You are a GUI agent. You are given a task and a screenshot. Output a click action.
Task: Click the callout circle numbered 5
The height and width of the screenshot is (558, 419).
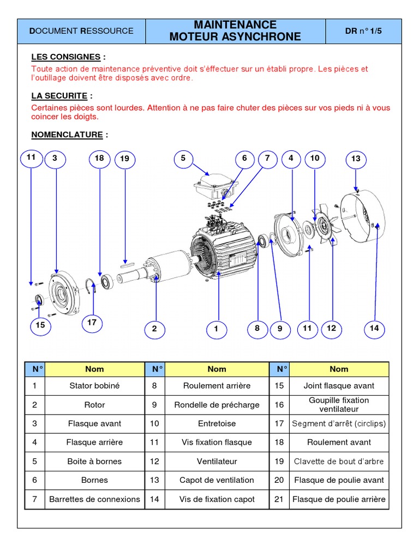[183, 159]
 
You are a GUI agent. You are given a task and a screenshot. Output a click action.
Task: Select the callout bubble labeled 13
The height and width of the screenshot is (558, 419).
[356, 159]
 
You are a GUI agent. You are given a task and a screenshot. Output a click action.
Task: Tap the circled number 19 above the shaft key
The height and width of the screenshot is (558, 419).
[125, 159]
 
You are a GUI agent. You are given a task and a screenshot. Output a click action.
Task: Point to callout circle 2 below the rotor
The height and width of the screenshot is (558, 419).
[154, 329]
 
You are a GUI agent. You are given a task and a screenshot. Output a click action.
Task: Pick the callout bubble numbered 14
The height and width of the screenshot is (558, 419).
[374, 328]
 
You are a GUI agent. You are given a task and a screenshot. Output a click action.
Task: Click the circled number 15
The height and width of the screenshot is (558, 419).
[40, 325]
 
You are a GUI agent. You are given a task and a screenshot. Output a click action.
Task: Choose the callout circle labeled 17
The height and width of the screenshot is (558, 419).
[92, 323]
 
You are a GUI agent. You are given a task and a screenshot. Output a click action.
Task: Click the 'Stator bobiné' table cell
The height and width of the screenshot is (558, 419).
[94, 386]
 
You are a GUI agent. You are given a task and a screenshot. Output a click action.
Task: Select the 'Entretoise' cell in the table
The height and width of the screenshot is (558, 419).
[217, 423]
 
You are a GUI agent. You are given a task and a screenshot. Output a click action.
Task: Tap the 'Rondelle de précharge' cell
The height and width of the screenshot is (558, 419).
[217, 405]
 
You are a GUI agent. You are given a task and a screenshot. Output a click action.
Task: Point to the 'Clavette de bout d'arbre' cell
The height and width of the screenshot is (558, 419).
[339, 461]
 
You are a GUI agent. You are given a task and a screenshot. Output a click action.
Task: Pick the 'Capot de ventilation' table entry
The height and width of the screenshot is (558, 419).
[217, 480]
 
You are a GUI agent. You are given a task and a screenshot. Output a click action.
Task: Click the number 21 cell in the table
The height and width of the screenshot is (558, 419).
[279, 499]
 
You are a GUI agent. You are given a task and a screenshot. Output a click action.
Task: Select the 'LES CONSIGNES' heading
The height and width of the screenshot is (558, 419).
[65, 57]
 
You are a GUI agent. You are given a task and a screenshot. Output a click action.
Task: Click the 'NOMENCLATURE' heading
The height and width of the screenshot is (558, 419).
[67, 135]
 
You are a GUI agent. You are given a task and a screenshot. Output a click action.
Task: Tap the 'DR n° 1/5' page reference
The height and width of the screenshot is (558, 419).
[363, 31]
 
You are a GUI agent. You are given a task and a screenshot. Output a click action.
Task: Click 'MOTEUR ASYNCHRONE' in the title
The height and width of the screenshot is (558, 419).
[235, 37]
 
